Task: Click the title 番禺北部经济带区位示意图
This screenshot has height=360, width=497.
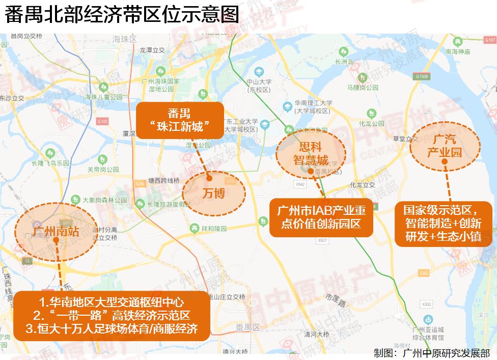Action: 122,15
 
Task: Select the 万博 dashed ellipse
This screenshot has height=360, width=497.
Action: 214,192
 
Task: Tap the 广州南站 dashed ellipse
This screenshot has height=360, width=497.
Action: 56,232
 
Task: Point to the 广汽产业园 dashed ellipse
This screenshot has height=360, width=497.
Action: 445,145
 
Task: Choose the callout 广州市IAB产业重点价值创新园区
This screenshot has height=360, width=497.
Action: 321,217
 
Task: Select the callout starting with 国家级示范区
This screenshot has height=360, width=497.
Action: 442,223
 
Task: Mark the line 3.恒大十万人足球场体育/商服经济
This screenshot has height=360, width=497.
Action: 112,328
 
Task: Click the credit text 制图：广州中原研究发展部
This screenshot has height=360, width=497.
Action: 432,352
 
